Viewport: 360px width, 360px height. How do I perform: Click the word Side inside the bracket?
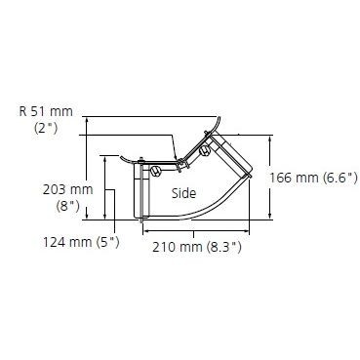[183, 193]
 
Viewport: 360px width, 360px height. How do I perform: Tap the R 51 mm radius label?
[46, 111]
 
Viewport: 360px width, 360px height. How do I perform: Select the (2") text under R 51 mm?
[46, 128]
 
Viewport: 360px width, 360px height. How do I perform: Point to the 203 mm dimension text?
[68, 189]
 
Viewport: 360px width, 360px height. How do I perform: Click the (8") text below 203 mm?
[68, 206]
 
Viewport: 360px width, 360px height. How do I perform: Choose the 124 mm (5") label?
[81, 242]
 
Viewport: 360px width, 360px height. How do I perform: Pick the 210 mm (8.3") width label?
[197, 248]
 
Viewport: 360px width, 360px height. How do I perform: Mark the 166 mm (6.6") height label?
[313, 178]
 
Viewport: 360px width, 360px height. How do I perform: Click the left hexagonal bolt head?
[155, 171]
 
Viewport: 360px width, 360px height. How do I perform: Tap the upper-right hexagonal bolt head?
[205, 150]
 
